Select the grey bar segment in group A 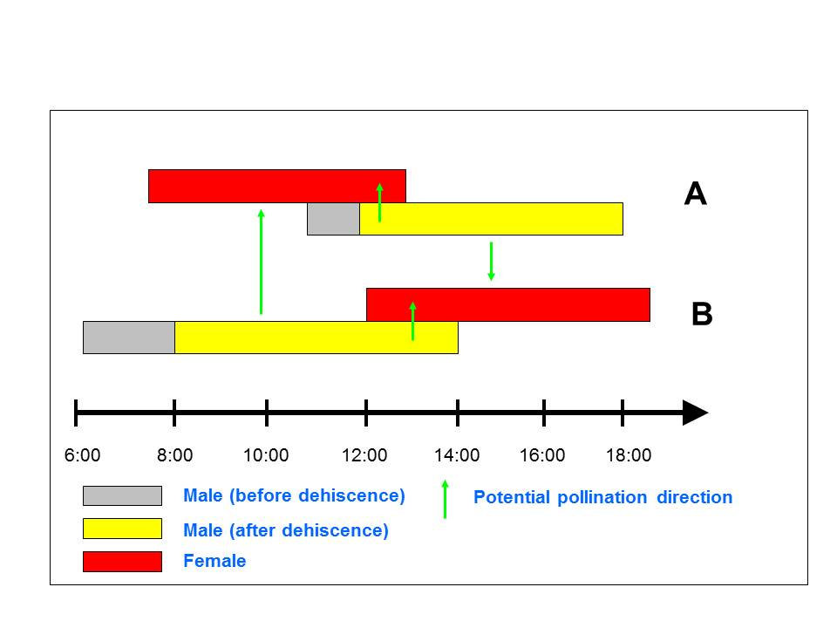point(333,219)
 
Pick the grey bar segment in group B point(129,338)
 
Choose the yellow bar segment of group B point(316,338)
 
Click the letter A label point(695,194)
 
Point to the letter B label point(701,314)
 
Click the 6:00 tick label point(83,454)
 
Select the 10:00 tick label point(266,454)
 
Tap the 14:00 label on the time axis point(457,454)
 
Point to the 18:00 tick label point(628,454)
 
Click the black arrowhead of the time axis point(695,412)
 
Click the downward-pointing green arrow point(491,261)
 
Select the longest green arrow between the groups point(261,261)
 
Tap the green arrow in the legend point(445,499)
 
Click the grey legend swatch point(122,495)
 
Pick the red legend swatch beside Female point(122,561)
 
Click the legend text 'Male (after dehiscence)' point(286,530)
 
